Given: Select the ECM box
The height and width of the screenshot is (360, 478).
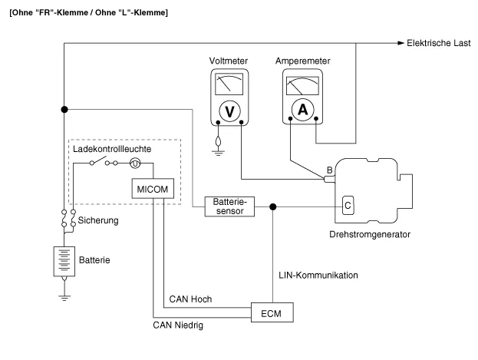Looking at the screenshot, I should (273, 312).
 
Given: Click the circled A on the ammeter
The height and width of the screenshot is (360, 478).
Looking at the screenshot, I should (302, 110).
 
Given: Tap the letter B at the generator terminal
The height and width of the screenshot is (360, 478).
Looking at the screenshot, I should (329, 169).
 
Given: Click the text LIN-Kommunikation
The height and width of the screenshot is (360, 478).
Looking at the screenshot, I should (317, 274).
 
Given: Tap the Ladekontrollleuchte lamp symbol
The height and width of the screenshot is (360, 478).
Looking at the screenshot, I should (135, 163).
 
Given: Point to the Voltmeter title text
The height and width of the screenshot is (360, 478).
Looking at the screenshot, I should (228, 61).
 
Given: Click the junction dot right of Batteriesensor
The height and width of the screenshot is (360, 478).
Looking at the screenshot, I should (274, 206).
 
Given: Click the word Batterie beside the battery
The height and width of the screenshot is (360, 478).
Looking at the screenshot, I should (94, 260).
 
